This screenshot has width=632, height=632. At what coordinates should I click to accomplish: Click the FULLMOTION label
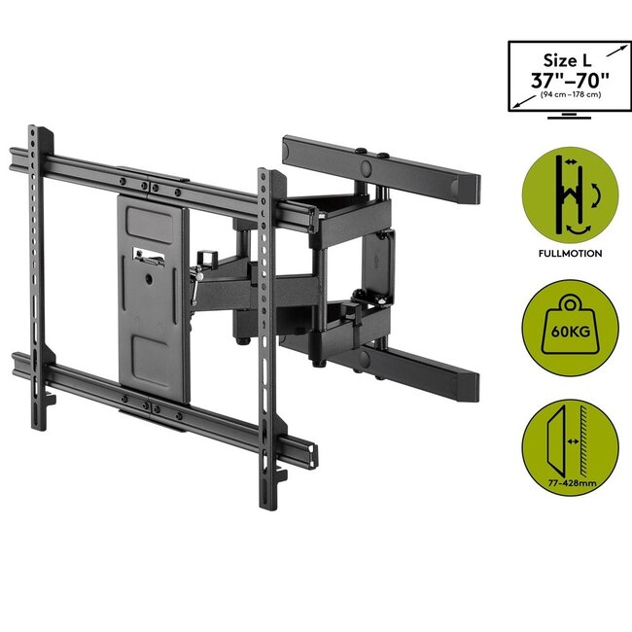[567, 253]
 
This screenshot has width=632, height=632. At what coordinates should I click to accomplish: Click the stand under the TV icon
[566, 116]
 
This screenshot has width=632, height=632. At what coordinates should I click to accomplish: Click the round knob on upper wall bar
[367, 166]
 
